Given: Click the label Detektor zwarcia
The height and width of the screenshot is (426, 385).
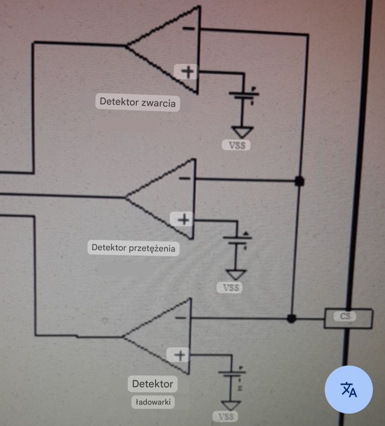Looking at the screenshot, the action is point(138,102).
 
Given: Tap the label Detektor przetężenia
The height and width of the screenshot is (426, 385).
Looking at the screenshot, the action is point(133,248).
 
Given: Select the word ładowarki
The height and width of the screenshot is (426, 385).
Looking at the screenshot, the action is point(153,402).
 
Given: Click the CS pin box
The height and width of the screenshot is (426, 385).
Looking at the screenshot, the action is point(348,318).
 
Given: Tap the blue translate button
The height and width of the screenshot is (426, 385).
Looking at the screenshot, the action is point(349,389).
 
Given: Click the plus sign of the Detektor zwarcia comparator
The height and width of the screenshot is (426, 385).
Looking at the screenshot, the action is point(188,72).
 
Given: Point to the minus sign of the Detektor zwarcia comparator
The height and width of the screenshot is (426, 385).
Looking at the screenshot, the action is point(189,28).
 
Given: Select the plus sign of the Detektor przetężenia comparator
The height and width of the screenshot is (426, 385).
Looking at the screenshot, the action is point(184,219).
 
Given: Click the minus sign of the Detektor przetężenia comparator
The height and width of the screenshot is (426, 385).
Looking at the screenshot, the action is point(185,178).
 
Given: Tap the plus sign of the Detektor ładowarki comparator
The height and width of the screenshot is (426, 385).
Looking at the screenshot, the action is point(180,355).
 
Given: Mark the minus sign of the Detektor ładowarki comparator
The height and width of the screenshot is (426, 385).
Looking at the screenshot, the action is point(180,318).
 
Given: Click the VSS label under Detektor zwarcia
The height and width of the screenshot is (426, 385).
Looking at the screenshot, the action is point(237,145).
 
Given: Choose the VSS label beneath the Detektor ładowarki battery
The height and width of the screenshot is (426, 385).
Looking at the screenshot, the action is point(226,416).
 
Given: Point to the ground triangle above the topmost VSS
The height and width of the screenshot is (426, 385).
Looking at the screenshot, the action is point(242,132).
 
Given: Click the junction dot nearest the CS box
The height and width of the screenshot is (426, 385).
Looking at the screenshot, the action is point(291,318).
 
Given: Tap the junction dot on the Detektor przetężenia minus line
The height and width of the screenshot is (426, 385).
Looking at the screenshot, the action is point(299,181).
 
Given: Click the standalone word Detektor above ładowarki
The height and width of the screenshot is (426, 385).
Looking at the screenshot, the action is point(153,384).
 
